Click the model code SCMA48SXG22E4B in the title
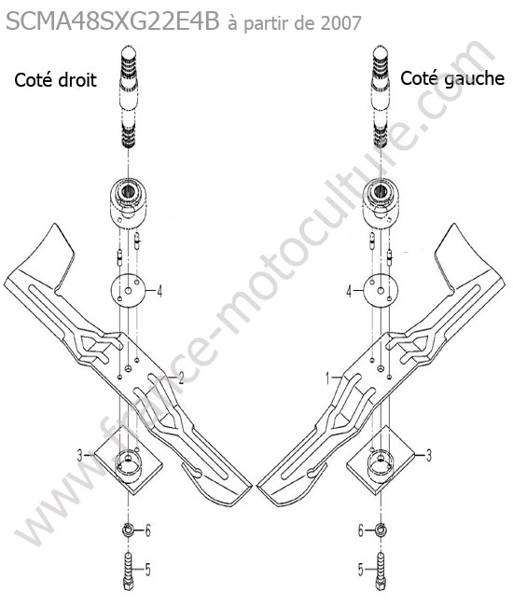[113, 22]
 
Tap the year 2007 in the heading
[340, 23]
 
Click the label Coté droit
[55, 80]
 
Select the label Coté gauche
[452, 78]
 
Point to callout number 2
[180, 378]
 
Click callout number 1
[328, 379]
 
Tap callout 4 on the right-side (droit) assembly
[159, 291]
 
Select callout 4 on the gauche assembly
[349, 291]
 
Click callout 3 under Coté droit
[80, 456]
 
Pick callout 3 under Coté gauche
[428, 455]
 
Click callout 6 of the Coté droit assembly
[147, 530]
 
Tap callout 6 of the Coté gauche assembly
[360, 530]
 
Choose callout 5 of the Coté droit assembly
[147, 569]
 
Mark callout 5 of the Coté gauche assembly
[360, 570]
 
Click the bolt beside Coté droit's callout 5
[128, 571]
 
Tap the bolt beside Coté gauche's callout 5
[381, 571]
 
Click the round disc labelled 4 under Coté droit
[129, 291]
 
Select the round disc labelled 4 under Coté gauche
[381, 291]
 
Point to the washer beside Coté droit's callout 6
[128, 530]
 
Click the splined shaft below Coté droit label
[129, 97]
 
